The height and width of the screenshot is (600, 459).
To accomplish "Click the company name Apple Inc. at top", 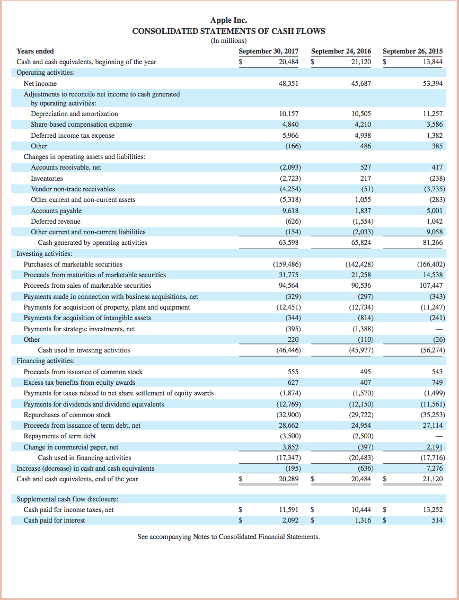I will point(229,20).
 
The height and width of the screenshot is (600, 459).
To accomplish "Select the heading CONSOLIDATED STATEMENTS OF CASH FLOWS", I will point(228,31).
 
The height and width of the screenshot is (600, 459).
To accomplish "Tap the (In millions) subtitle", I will point(228,41).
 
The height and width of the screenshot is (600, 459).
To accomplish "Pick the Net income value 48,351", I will point(289,84).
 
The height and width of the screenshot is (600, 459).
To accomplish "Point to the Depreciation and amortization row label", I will point(74,114).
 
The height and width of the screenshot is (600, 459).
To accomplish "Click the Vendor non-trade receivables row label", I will point(73,189).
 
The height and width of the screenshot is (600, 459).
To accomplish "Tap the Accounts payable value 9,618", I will point(290,210).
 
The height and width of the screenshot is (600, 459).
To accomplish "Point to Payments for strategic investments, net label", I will point(79,329).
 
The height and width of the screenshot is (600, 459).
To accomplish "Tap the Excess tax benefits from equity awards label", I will point(80,383).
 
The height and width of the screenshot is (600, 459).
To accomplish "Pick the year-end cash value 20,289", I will point(288,479).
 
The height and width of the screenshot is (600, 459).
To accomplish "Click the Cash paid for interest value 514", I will point(437,520).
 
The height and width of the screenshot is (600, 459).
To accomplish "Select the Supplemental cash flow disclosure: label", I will point(67,499).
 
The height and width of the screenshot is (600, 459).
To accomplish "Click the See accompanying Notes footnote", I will point(228,537).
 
